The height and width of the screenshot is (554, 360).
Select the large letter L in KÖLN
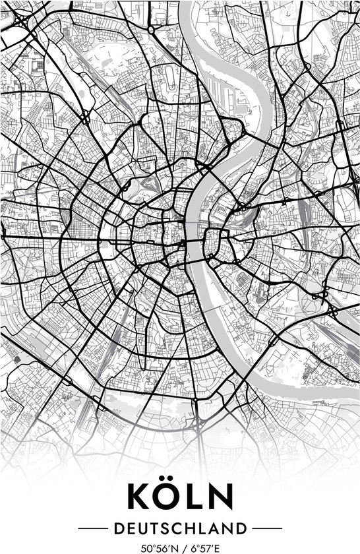click(195, 497)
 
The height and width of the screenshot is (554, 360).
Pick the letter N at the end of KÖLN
click(221, 497)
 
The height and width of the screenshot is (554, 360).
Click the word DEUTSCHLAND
click(180, 528)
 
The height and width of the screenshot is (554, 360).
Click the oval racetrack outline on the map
click(172, 79)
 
